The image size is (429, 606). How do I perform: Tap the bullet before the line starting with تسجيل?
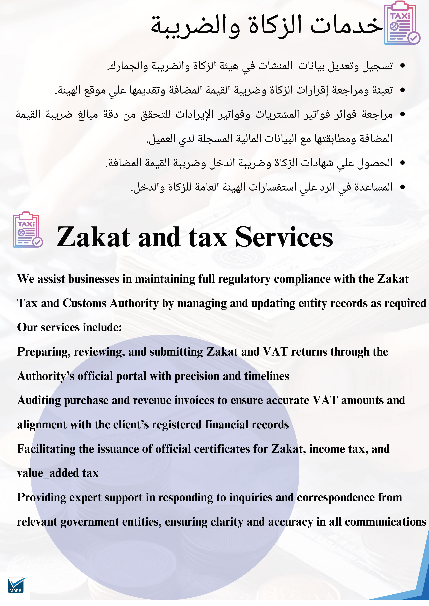pyautogui.click(x=403, y=66)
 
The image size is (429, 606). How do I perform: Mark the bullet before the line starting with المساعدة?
pyautogui.click(x=403, y=187)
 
